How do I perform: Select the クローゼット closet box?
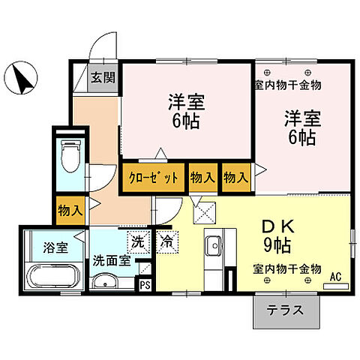point(152,178)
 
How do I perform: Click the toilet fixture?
point(69,157)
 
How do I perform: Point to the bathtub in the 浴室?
point(51,277)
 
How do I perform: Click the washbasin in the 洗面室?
point(106,282)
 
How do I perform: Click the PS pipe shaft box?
point(145,284)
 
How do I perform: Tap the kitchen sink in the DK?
point(213,246)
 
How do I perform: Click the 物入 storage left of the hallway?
point(70,211)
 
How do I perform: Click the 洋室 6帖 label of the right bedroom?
point(299,127)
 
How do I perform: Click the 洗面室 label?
point(111,262)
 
